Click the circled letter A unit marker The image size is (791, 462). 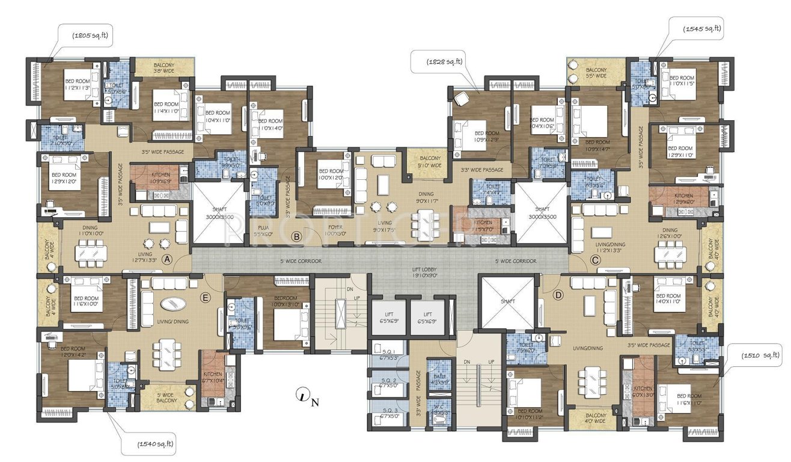[x=168, y=259]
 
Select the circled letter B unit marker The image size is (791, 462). [x=296, y=236]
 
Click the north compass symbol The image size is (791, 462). [x=304, y=395]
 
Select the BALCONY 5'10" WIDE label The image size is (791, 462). [x=427, y=162]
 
